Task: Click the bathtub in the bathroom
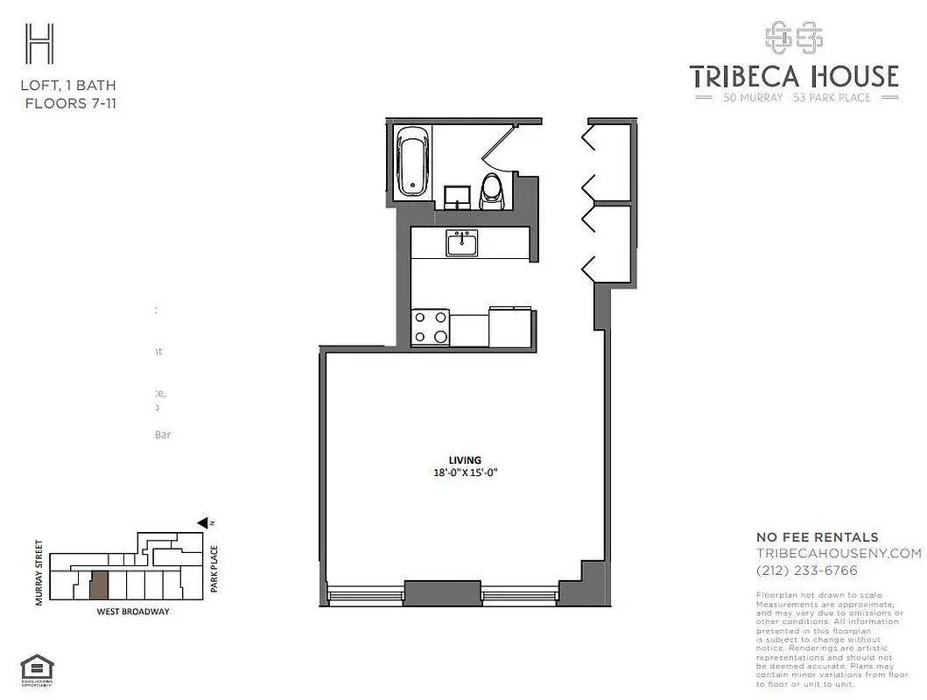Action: pos(412,163)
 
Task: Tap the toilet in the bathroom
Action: pos(492,190)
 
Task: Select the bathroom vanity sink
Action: pos(455,195)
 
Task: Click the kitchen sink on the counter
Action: pos(461,243)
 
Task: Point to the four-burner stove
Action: pos(430,327)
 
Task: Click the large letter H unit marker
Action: pos(39,43)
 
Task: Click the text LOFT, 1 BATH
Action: pos(68,86)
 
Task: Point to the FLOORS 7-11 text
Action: pos(68,103)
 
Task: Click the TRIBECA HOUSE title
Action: pos(794,77)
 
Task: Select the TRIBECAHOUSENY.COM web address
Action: pos(838,553)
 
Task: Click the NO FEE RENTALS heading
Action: pos(817,537)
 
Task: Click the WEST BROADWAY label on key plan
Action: pos(132,612)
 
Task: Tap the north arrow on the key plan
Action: pos(203,522)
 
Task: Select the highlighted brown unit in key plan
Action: pos(100,584)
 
